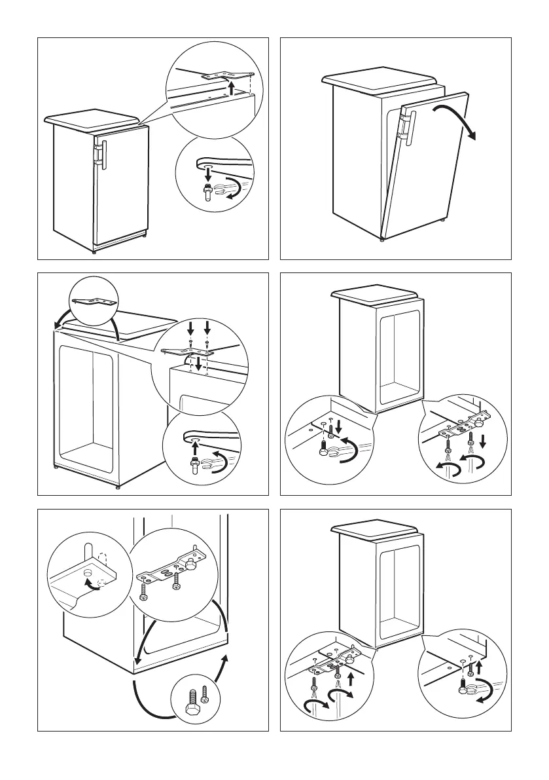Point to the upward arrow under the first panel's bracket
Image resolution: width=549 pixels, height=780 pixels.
coord(230,87)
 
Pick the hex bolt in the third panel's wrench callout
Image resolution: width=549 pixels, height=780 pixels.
coord(194,463)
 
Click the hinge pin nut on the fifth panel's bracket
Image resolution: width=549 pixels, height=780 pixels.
coord(193,563)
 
